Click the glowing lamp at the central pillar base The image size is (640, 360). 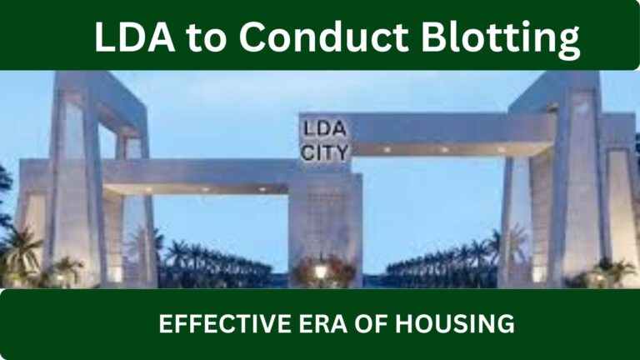coord(320,271)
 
